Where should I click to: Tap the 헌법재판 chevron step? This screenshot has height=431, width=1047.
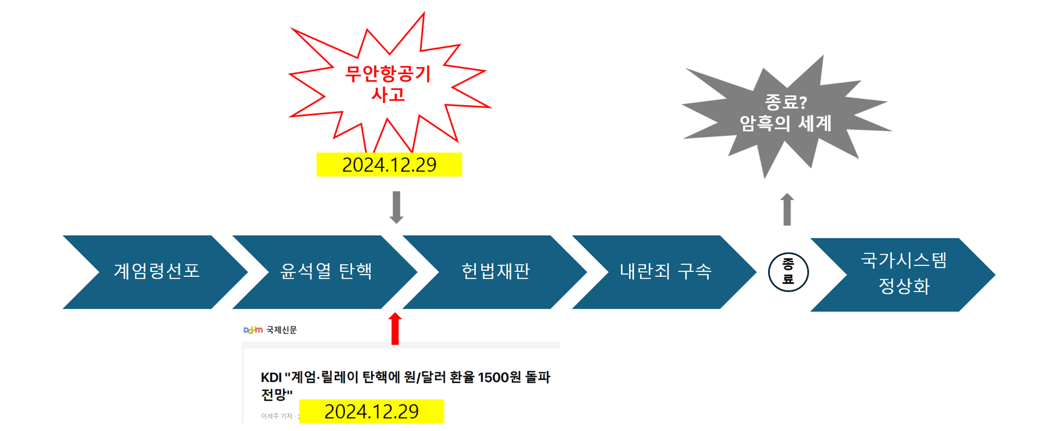[x=495, y=271]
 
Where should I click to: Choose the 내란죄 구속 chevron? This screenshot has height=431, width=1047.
[x=665, y=271]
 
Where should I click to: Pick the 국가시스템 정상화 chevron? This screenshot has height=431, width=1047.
[x=904, y=274]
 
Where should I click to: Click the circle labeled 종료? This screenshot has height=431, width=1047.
[x=788, y=272]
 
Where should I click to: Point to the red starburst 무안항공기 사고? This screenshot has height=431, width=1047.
[x=388, y=84]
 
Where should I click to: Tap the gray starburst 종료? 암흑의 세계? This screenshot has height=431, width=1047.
[x=785, y=113]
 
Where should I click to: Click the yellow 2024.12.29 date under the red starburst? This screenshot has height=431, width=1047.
[x=389, y=165]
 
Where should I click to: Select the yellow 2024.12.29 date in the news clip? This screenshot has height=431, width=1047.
[x=371, y=412]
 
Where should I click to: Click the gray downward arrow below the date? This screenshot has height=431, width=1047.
[x=396, y=207]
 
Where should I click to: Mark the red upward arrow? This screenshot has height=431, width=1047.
[x=395, y=328]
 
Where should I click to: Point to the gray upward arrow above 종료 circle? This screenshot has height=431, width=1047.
[x=787, y=209]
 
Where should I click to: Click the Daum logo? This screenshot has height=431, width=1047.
[x=253, y=330]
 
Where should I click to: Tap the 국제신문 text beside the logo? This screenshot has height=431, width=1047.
[x=282, y=330]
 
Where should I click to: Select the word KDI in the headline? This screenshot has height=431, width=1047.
[x=271, y=378]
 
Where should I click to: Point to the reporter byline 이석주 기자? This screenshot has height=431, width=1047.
[x=276, y=416]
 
